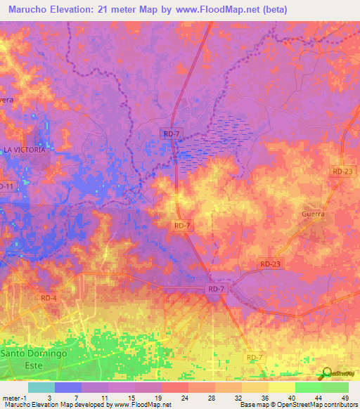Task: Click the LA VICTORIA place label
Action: [x=25, y=150]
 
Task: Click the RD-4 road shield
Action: [x=50, y=298]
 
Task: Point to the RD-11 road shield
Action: [x=6, y=186]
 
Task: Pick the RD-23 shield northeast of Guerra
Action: [x=341, y=171]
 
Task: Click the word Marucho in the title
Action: [x=34, y=10]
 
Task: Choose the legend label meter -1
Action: [x=13, y=397]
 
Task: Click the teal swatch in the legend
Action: [x=41, y=387]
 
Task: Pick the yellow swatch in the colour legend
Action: [x=281, y=387]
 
